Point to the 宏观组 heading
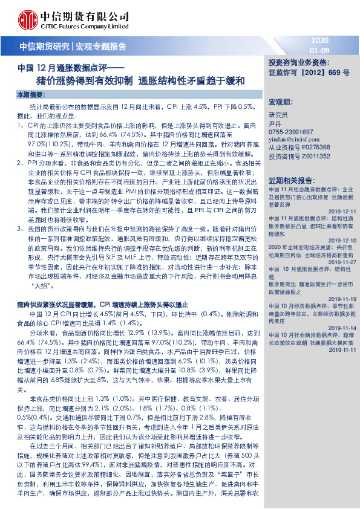(280, 100)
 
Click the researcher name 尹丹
(275, 122)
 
